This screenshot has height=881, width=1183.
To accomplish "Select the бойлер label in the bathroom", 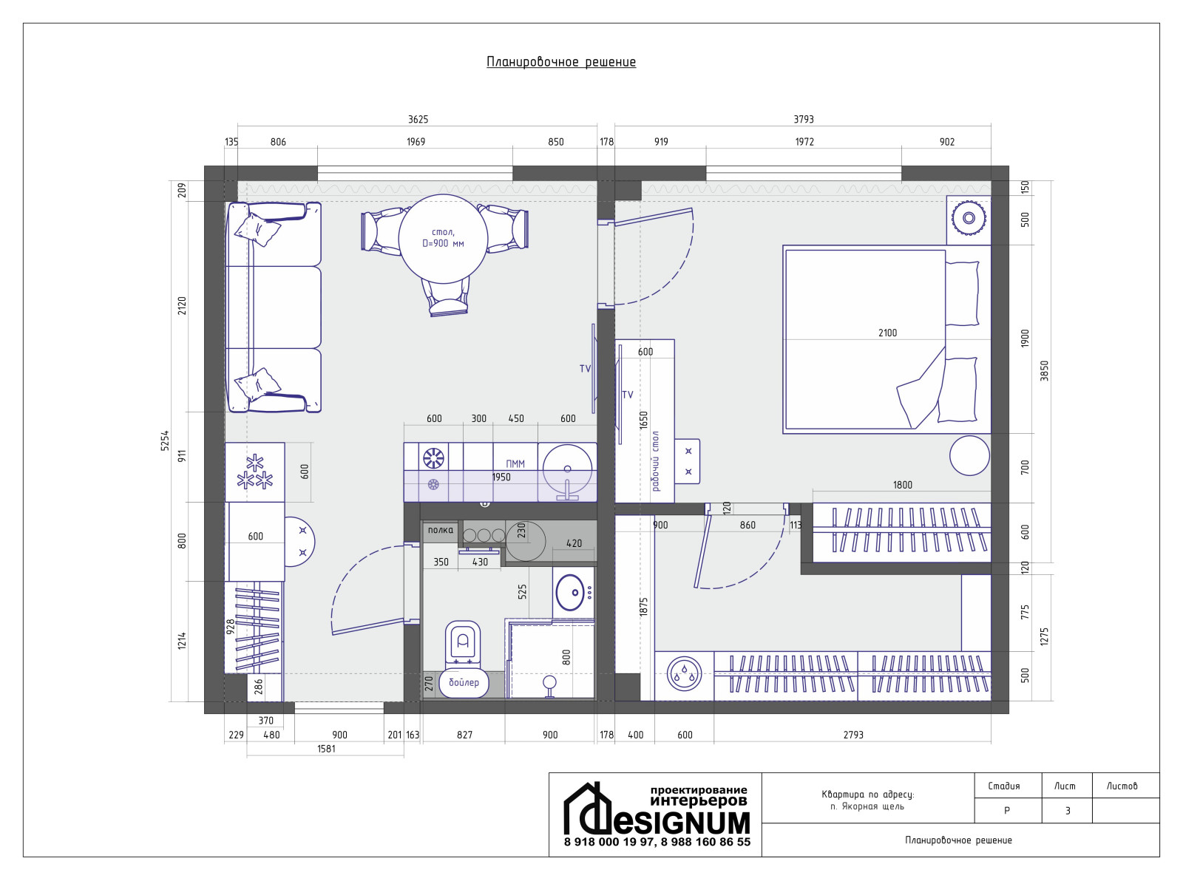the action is (x=464, y=682).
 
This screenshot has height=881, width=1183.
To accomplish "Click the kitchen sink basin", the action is (x=567, y=469).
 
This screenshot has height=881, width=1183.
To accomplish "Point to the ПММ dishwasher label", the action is (x=515, y=464).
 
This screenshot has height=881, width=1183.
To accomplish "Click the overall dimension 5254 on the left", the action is (x=166, y=440).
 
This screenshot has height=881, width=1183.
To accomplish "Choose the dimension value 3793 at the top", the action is (x=803, y=120).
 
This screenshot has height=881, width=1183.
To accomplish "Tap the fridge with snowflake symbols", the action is (x=254, y=472).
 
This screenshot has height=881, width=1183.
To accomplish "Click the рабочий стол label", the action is (x=656, y=461).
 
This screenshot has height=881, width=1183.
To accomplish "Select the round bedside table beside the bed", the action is (x=969, y=455).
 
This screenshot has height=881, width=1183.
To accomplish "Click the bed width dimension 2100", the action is (x=887, y=333).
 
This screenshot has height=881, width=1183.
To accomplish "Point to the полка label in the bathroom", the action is (x=440, y=530).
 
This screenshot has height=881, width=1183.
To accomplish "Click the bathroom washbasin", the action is (x=570, y=592).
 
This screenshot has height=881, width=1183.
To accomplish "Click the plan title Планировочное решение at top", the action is (x=561, y=62).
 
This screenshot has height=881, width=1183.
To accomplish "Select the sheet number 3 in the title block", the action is (x=1067, y=811).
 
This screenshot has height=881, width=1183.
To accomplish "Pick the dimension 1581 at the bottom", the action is (x=326, y=749).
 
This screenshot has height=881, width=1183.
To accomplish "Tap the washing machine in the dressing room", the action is (x=684, y=676).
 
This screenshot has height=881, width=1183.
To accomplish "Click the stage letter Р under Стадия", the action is (x=1006, y=811).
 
